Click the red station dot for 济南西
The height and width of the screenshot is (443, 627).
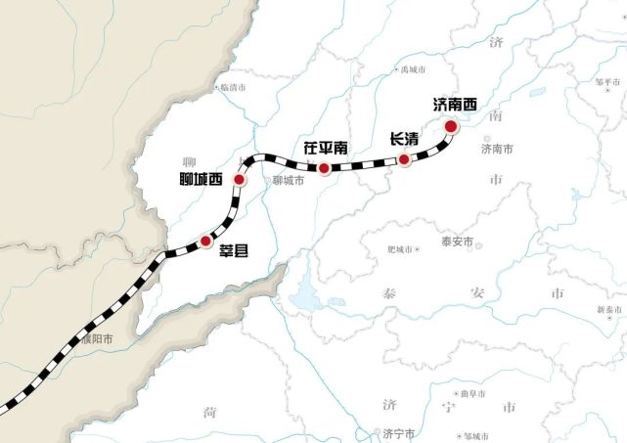click(450, 126)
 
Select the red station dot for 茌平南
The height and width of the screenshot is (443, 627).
click(324, 168)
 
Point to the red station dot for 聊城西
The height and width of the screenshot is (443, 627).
click(239, 180)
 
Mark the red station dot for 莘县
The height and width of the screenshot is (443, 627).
click(205, 240)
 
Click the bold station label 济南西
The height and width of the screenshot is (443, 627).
click(455, 104)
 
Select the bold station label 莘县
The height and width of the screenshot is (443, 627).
click(232, 251)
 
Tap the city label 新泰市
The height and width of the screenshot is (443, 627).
click(607, 310)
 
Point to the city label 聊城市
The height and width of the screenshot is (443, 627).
click(289, 180)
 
